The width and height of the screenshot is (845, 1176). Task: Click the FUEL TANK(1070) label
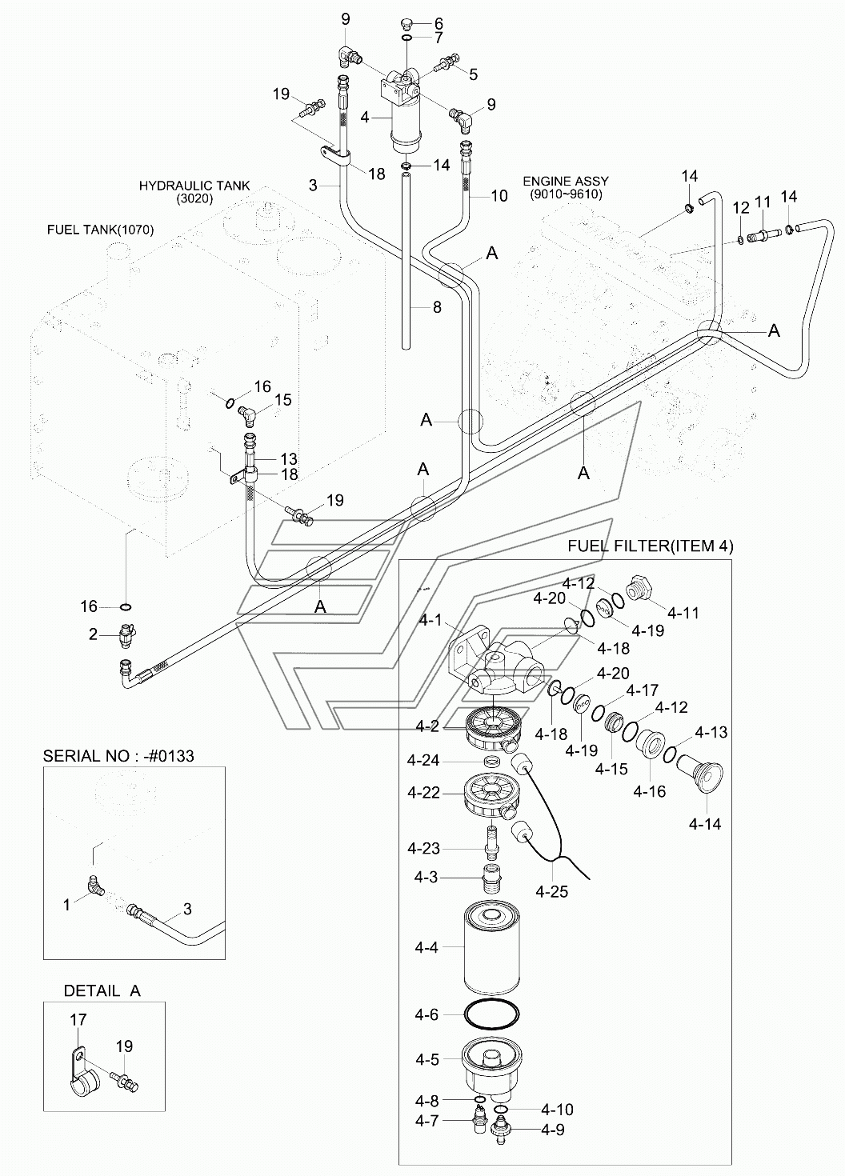100,230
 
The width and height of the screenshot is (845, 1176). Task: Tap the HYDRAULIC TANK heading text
194,186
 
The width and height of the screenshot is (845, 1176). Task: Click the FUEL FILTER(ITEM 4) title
650,546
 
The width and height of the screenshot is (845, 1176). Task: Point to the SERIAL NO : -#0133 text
118,755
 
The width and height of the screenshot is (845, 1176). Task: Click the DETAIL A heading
102,990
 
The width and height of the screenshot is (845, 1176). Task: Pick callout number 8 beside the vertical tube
436,306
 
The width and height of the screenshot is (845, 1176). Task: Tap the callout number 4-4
427,947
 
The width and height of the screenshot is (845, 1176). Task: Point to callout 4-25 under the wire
552,890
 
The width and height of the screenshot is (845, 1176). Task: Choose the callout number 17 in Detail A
78,1020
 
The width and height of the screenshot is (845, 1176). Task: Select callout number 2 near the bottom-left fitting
93,635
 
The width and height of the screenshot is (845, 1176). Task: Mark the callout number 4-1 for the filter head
427,620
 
